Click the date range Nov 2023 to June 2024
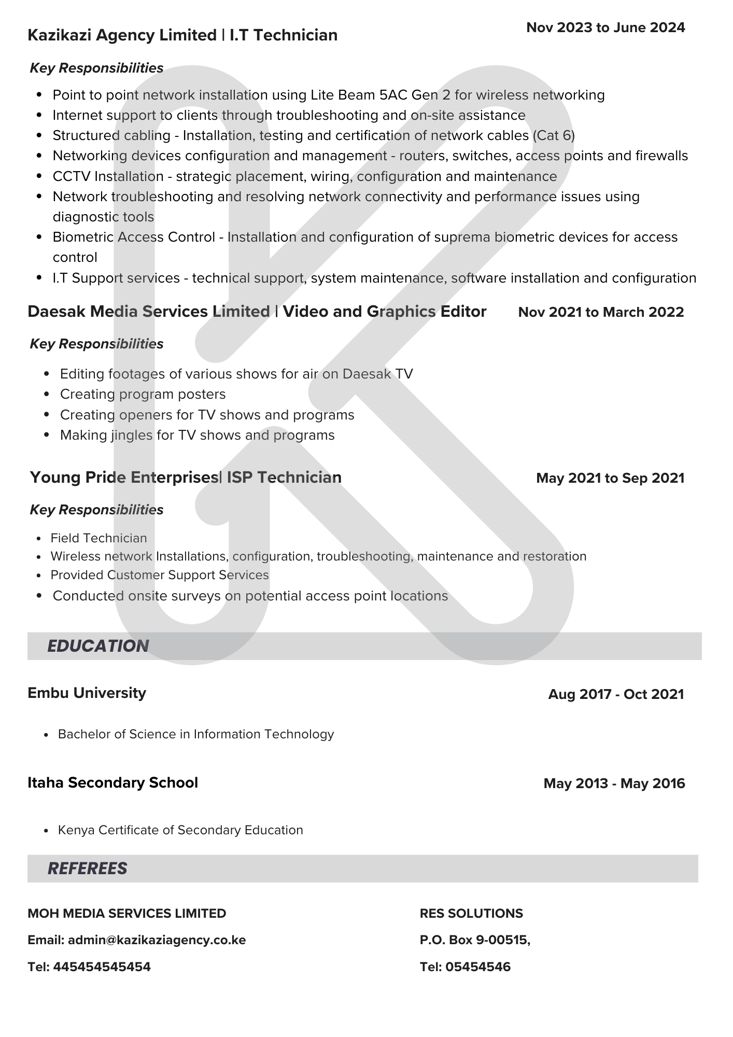(605, 27)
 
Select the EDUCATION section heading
(98, 646)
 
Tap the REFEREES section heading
(87, 868)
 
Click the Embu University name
(87, 693)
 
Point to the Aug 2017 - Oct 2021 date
(616, 694)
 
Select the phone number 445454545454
(102, 966)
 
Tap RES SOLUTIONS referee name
(471, 913)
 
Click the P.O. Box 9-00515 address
(475, 940)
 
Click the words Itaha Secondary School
(112, 782)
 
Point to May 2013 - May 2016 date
(614, 783)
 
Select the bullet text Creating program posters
(143, 394)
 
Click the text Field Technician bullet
(98, 538)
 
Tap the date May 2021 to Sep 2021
(610, 478)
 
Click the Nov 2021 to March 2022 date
(601, 312)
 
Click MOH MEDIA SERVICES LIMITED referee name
(126, 913)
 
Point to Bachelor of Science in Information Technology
(195, 734)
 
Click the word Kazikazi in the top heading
(60, 35)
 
